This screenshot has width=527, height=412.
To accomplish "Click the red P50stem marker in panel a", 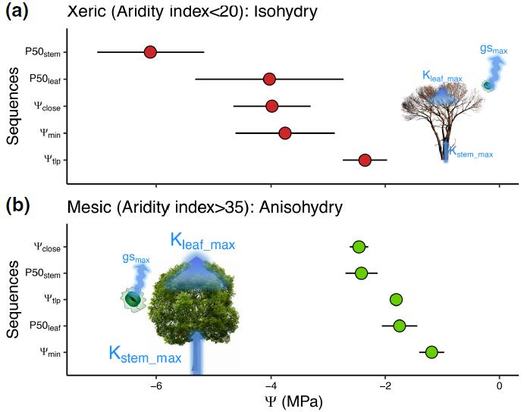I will tap(150, 52).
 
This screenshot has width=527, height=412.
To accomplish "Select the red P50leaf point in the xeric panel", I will tap(269, 79).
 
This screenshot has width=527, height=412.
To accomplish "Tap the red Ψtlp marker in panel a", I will tap(365, 160).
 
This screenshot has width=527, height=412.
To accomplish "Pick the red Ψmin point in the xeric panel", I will tap(284, 133).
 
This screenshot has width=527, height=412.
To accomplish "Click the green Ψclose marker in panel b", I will tap(359, 247).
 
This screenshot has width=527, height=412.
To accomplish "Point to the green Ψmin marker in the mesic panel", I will tap(431, 352).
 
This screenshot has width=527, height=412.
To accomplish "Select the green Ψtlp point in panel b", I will tap(396, 300).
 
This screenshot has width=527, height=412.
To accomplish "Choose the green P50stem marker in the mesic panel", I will tap(361, 273).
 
